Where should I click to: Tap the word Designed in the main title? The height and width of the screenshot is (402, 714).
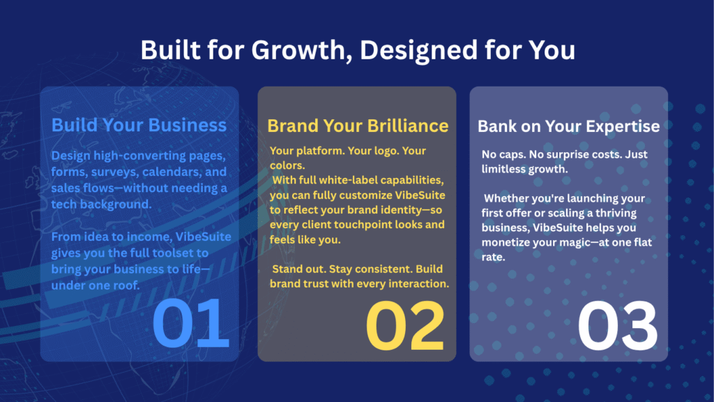coord(418,51)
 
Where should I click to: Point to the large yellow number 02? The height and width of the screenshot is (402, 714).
coord(405,325)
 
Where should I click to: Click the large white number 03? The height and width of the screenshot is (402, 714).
coord(617,326)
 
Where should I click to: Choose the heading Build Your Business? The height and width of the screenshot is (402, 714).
coord(139,125)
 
